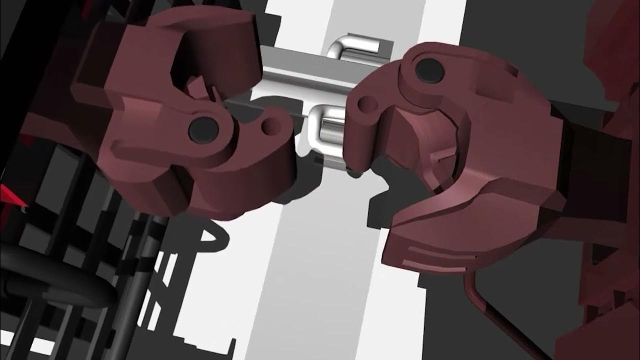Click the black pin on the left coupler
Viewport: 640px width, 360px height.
[203, 128]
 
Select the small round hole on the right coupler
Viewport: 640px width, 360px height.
[367, 104]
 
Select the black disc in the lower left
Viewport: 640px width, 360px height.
[55, 290]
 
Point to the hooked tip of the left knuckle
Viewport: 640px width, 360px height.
[277, 112]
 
